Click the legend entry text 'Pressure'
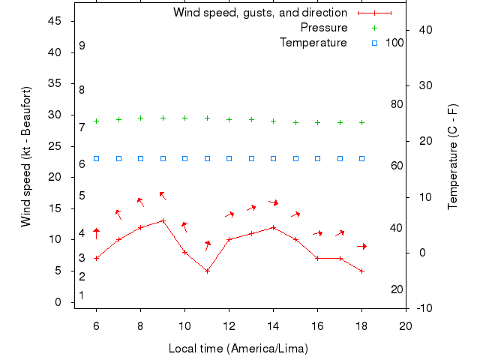pos(324,28)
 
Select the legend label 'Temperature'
pos(313,43)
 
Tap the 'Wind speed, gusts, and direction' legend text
pos(260,13)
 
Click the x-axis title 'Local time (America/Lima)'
pos(238,349)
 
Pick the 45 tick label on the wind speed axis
pos(54,21)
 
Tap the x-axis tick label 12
pos(229,325)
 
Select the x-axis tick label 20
pos(406,325)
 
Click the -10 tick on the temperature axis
pos(423,308)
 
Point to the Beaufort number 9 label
pos(82,46)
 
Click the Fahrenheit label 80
pos(397,104)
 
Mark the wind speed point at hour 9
pos(163,220)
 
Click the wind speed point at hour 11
pos(207,271)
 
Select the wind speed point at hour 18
pos(361,271)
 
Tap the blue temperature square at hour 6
pos(96,158)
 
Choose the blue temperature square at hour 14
pos(273,158)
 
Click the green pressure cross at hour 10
pos(184,118)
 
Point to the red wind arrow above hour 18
pos(361,246)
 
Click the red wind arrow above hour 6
pos(96,233)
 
